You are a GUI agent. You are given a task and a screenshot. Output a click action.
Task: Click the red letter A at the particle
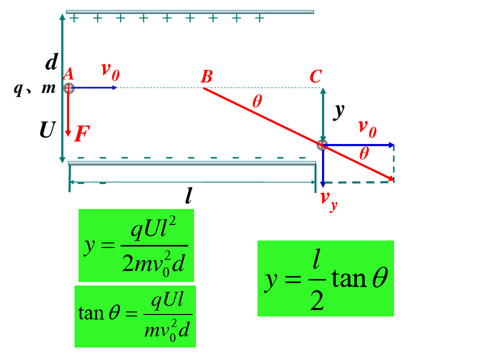[x=68, y=74]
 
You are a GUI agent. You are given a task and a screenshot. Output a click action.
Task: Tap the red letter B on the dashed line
[x=206, y=77]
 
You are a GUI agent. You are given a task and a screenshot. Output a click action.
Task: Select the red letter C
[x=315, y=76]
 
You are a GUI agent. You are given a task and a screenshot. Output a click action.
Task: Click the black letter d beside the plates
[x=51, y=62]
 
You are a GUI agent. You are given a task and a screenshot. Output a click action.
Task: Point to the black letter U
[x=47, y=131]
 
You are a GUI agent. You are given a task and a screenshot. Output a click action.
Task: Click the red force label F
[x=82, y=134]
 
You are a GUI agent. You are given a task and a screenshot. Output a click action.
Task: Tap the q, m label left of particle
[x=34, y=88]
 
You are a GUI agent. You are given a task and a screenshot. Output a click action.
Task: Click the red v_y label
[x=328, y=199]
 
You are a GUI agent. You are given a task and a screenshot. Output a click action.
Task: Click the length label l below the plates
[x=188, y=196]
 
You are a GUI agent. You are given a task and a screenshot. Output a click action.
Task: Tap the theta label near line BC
[x=257, y=101]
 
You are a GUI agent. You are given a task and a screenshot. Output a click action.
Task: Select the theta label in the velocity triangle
[x=364, y=153]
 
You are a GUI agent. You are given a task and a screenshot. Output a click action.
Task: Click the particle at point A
[x=68, y=88]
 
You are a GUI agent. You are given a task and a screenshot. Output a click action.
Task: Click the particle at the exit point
[x=322, y=145]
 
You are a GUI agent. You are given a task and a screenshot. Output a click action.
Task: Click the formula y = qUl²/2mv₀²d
[x=136, y=245]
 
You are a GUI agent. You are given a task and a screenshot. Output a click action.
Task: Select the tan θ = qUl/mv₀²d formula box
[x=135, y=316]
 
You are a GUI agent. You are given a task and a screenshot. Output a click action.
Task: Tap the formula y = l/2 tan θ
[x=325, y=278]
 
